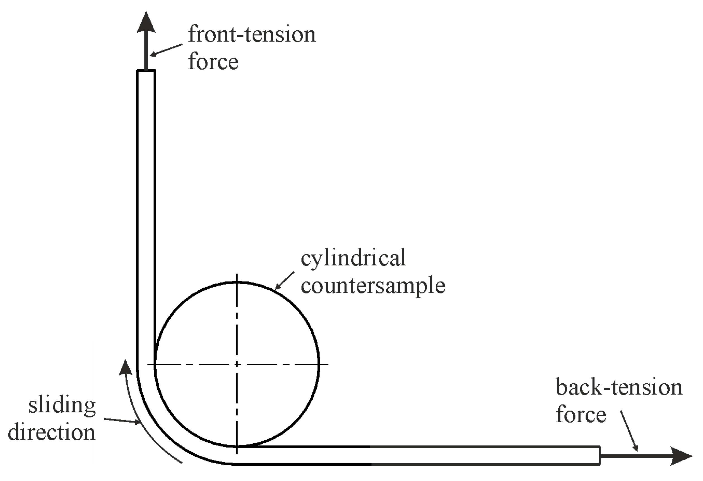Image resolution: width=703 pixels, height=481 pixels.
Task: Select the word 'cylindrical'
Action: (x=353, y=258)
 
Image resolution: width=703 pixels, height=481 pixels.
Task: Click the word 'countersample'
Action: (x=373, y=286)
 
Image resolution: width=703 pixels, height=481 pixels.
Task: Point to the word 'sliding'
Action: (x=62, y=406)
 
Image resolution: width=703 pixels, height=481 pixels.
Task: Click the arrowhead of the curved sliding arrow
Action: (x=125, y=368)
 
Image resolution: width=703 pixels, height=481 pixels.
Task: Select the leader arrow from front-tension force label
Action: (x=166, y=50)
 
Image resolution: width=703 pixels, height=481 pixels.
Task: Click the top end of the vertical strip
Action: (x=146, y=71)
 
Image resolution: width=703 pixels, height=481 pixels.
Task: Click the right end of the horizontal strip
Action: (x=599, y=455)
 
